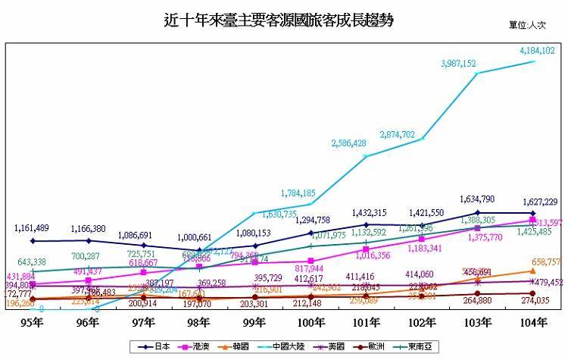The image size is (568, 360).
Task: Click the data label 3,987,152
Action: pos(458,64)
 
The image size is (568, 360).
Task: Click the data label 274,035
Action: pos(532,301)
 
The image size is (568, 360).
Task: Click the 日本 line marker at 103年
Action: pos(477,212)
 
